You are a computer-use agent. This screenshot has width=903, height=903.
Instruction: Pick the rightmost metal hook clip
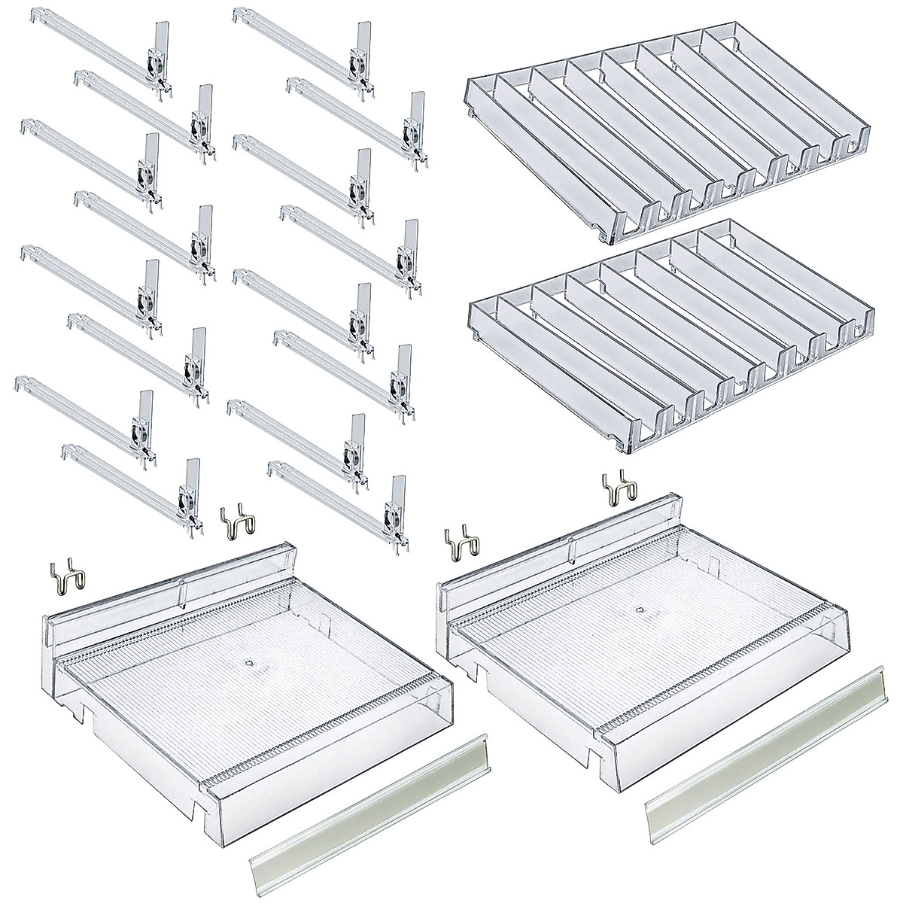pos(616,489)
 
